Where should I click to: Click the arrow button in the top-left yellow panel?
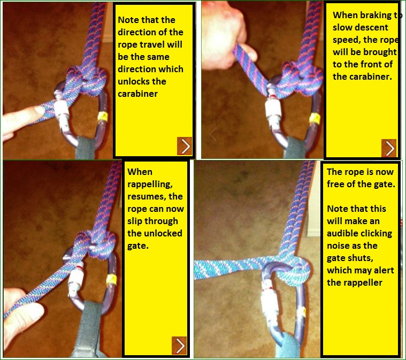point(185,146)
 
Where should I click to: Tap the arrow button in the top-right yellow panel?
point(389,148)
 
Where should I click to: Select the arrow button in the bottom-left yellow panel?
point(179,346)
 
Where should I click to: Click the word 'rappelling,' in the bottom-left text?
point(150,185)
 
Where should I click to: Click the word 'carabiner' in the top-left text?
point(137,94)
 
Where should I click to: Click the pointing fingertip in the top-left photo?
point(39,111)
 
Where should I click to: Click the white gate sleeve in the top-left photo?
point(62,109)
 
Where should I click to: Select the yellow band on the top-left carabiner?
point(103,116)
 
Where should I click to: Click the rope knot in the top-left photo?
point(86,80)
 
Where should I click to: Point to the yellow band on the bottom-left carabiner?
point(111,279)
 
